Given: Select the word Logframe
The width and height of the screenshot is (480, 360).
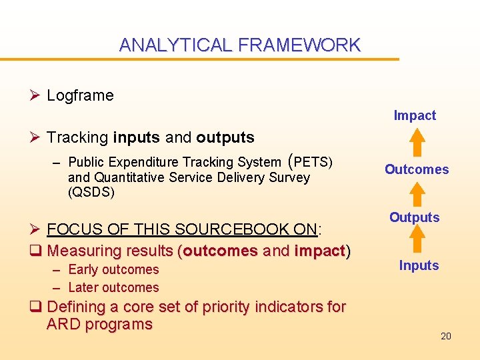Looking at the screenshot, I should pos(80,95).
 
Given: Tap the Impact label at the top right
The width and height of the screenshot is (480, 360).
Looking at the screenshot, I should pos(415,115).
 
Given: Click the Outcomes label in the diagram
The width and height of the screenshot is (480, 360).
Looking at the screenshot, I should pos(417,169).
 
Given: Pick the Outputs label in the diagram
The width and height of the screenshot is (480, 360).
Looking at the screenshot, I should pos(415,217).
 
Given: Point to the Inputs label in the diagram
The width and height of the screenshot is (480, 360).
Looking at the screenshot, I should pos(419,265).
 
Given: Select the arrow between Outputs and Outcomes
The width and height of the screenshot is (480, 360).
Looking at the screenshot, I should pos(417,194).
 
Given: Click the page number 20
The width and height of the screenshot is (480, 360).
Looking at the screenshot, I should pos(446,336).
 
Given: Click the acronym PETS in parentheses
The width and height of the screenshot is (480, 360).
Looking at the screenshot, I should pos(311,162).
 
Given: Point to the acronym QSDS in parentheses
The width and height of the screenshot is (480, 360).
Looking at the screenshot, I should pos(91,193).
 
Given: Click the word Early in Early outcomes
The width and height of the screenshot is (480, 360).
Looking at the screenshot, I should pos(84,270).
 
